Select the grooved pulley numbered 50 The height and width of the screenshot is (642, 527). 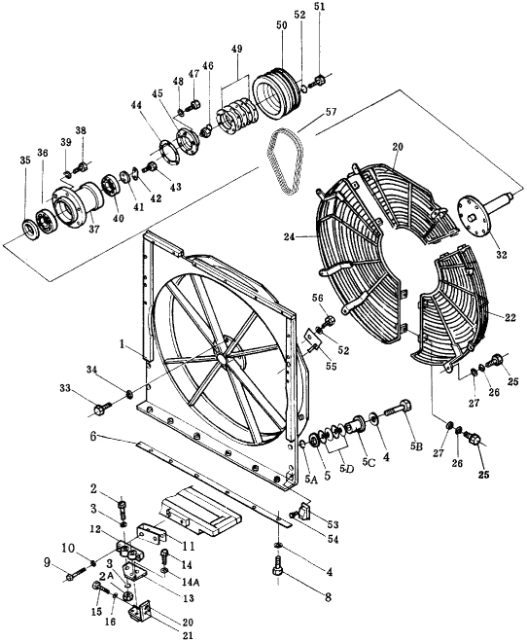coord(276,93)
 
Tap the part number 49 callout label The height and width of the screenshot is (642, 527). coord(236,50)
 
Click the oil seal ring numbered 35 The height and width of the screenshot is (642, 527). coord(29,231)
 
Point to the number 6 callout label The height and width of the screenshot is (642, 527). coord(93,437)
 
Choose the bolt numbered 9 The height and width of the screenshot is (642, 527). coord(75,574)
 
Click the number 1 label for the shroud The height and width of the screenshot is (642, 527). coord(122,344)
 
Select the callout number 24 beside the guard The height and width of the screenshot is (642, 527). coord(290,236)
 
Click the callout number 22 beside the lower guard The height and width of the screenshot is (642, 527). coord(509,317)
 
